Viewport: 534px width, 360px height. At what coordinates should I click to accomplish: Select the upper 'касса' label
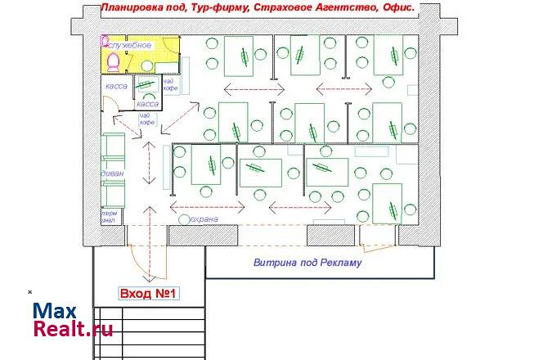(114, 87)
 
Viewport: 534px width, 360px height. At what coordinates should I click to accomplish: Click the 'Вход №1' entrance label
(149, 293)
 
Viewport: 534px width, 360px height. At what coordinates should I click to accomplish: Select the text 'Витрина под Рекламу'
(307, 263)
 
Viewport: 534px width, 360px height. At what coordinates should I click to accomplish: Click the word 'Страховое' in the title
(278, 7)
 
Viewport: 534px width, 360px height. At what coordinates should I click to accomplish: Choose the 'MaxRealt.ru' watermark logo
(72, 320)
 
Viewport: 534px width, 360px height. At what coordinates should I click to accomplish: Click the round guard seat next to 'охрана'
(182, 220)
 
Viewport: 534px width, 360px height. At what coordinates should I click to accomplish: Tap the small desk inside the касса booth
(146, 86)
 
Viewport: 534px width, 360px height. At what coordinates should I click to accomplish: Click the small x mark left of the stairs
(30, 291)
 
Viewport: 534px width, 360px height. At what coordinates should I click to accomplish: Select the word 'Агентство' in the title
(344, 7)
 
